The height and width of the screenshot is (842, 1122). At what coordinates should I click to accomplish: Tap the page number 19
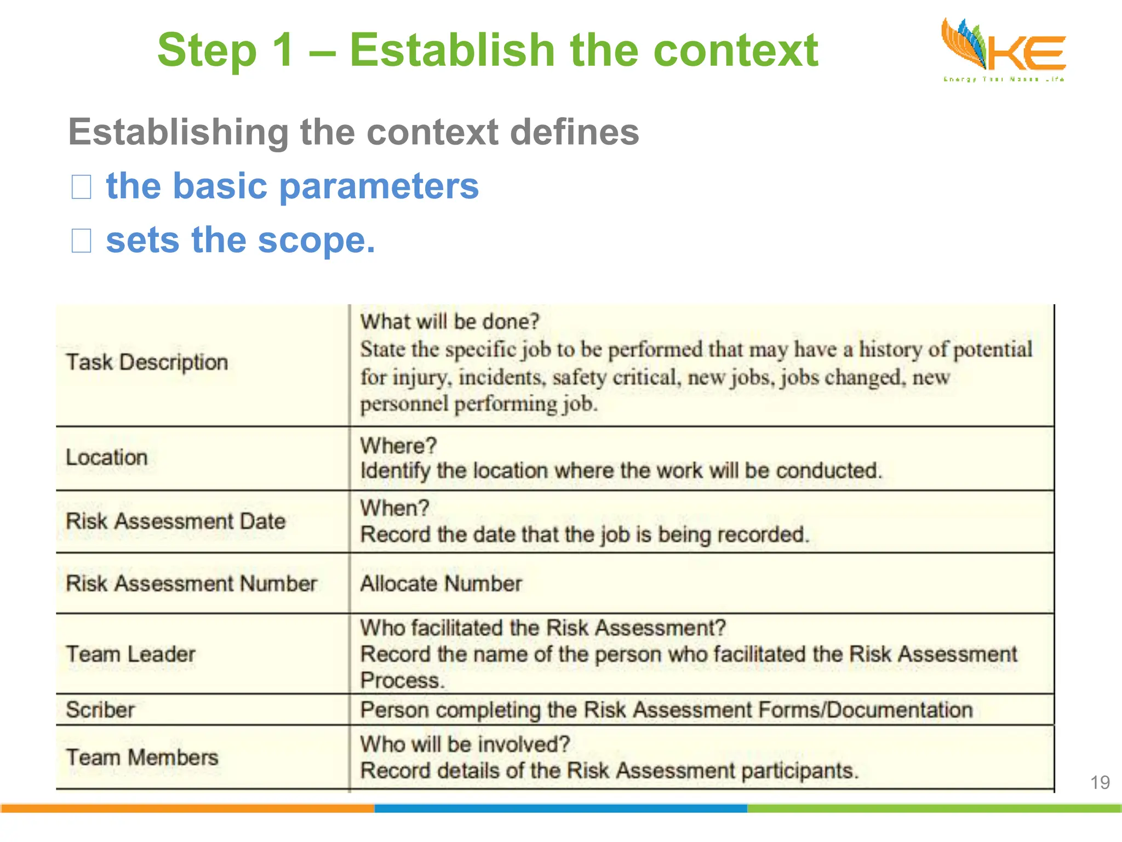coord(1100,782)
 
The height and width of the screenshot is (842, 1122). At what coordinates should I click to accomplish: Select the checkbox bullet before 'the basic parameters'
coord(82,187)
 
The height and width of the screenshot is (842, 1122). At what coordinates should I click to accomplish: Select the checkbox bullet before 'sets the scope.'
coord(82,241)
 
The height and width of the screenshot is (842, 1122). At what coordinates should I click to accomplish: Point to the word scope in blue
coord(315,241)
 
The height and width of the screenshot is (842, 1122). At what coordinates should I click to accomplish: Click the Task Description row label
coord(147,362)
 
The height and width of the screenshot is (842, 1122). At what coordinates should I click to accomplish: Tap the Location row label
coord(107,457)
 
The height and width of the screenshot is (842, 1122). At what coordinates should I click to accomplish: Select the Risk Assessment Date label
coord(175,521)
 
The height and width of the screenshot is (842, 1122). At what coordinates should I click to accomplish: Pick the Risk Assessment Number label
coord(191,583)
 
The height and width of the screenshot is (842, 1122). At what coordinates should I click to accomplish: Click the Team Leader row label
coord(130,654)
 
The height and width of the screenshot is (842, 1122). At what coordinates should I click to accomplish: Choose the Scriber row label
coord(100,710)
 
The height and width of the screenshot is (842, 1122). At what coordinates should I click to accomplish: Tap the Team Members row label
coord(142,758)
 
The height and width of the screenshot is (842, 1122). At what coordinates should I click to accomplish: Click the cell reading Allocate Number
coord(441,583)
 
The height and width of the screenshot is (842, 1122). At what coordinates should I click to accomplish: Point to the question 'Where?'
coord(398,446)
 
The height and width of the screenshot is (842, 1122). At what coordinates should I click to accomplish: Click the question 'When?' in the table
coord(394,508)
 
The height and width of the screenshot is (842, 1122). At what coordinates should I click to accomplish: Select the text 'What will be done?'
coord(450,321)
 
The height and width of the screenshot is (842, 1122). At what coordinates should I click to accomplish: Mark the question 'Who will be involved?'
coord(465,744)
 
